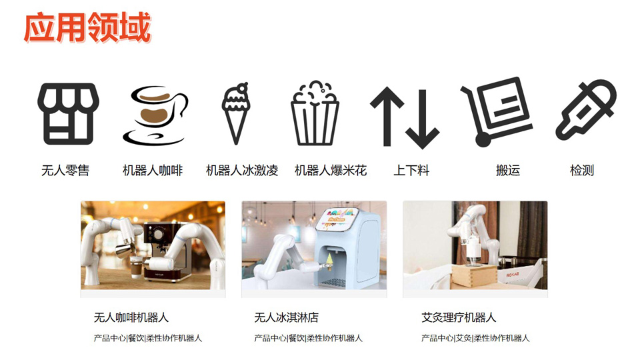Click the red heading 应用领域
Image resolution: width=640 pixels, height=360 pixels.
pyautogui.click(x=87, y=27)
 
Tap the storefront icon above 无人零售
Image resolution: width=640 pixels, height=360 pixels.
pyautogui.click(x=68, y=114)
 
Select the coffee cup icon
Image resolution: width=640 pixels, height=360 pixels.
pyautogui.click(x=155, y=115)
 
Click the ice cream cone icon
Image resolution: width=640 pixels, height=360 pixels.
pyautogui.click(x=235, y=113)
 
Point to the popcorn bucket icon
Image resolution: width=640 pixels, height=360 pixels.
pyautogui.click(x=315, y=113)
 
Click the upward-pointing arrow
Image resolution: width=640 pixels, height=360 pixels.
pyautogui.click(x=387, y=116)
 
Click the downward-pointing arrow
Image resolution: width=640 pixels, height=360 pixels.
pyautogui.click(x=423, y=119)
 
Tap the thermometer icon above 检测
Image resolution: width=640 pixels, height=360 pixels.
pyautogui.click(x=586, y=110)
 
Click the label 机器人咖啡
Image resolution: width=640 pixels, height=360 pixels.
pyautogui.click(x=153, y=170)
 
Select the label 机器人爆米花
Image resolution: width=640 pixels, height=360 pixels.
pyautogui.click(x=331, y=170)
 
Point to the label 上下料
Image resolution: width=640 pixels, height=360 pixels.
pyautogui.click(x=411, y=170)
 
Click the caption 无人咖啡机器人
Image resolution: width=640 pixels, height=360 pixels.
pyautogui.click(x=131, y=317)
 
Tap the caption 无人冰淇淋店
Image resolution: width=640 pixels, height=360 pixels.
pyautogui.click(x=286, y=317)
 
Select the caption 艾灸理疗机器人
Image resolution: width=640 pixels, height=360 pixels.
pyautogui.click(x=459, y=317)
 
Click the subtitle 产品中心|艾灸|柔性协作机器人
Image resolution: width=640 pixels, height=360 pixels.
pyautogui.click(x=475, y=338)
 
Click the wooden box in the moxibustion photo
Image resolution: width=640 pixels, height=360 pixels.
pyautogui.click(x=474, y=277)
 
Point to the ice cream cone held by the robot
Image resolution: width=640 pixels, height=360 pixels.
pyautogui.click(x=330, y=261)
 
